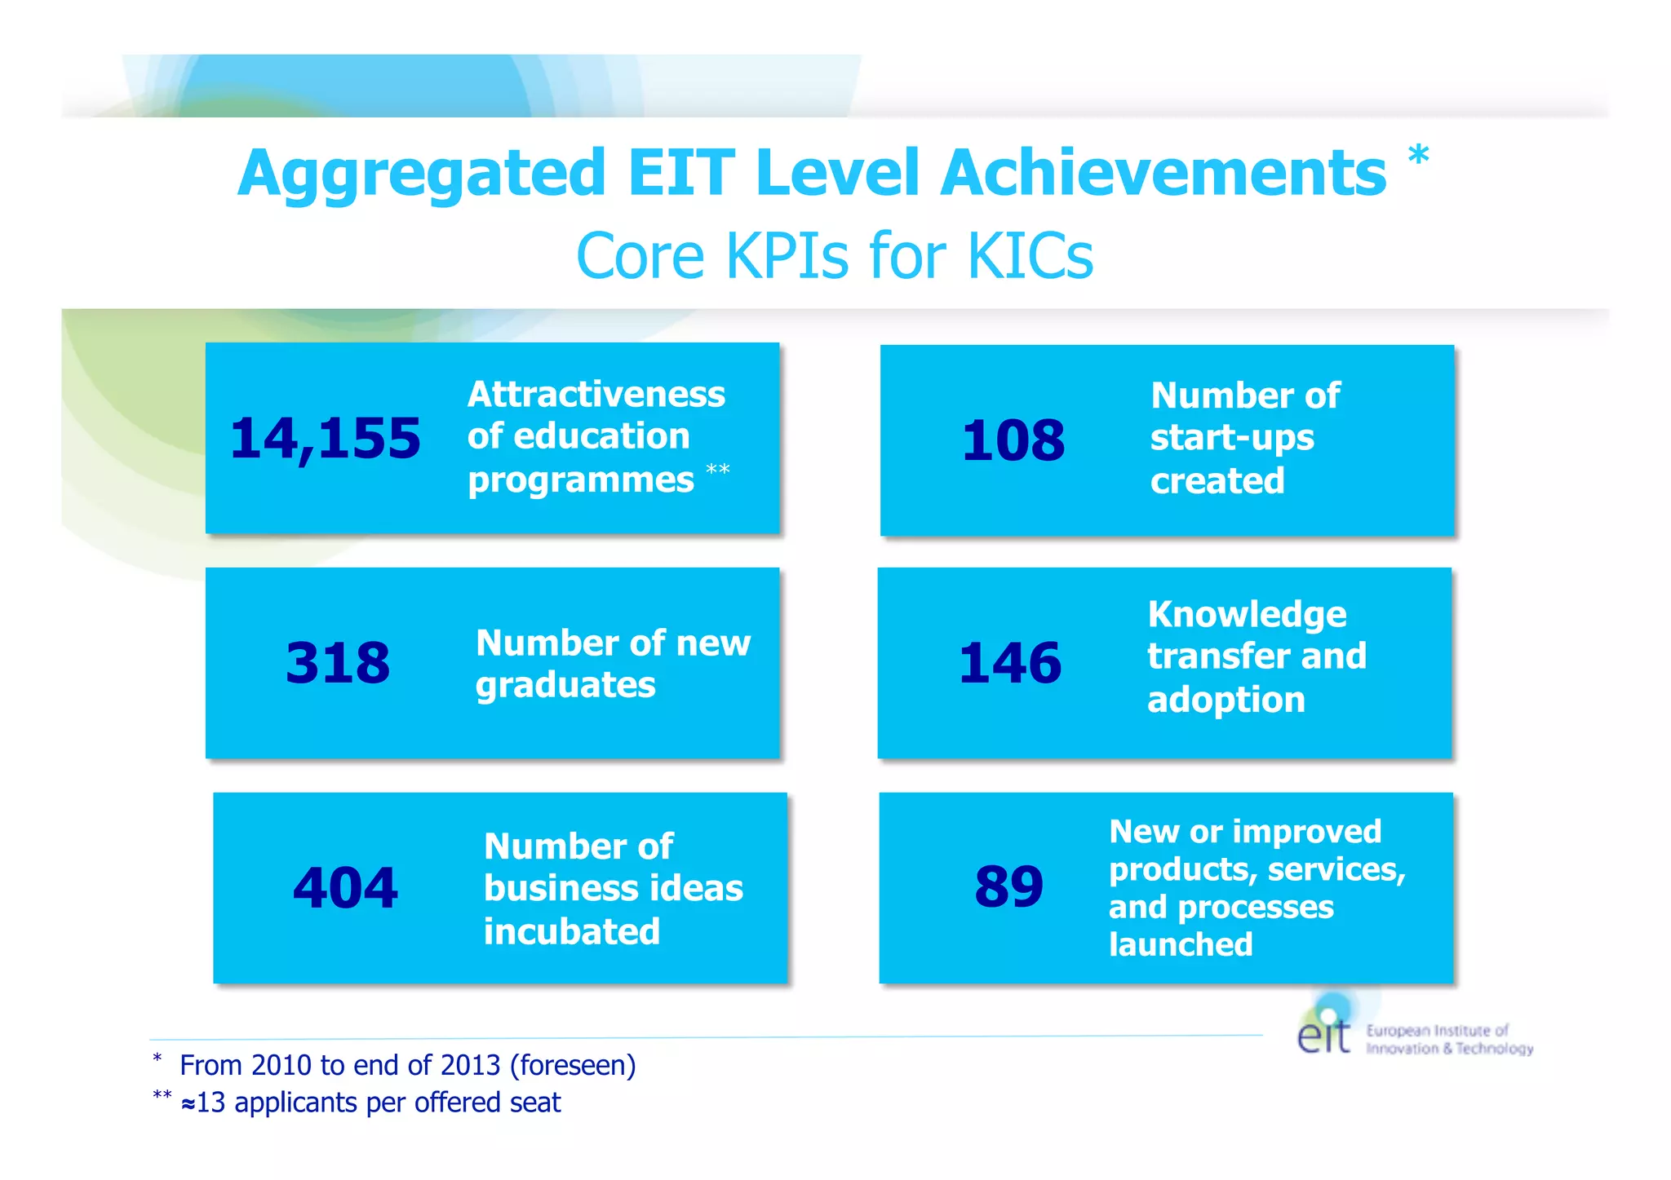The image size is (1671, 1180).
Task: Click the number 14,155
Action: (x=326, y=439)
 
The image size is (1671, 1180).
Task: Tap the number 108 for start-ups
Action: (x=1013, y=440)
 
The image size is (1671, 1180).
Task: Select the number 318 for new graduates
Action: (x=338, y=662)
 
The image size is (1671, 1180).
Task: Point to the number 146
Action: (x=1009, y=662)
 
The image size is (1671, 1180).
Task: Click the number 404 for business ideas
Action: (x=345, y=887)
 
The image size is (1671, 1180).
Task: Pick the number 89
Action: (x=1008, y=886)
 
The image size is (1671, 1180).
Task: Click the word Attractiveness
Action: (x=596, y=395)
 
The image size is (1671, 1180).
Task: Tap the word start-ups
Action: (x=1232, y=438)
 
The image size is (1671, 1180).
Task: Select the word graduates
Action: (x=565, y=685)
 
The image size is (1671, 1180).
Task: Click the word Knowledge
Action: (x=1247, y=614)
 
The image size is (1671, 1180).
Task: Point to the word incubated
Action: (x=571, y=931)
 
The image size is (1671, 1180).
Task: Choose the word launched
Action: (x=1180, y=944)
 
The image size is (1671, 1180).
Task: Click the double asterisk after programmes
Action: (x=717, y=470)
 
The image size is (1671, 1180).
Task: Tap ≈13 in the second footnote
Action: (x=203, y=1103)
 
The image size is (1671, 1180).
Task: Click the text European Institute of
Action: (x=1437, y=1031)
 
